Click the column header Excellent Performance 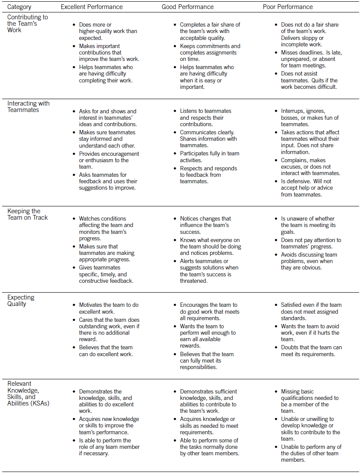91,7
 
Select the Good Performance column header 188,7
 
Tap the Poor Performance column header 287,7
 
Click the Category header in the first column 20,7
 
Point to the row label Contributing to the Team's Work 27,24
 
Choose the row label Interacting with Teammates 28,106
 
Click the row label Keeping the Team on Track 27,214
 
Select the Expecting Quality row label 21,300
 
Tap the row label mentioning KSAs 28,393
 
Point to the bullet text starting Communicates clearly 208,139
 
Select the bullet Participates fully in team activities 209,157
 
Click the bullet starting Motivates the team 109,308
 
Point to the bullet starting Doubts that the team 311,351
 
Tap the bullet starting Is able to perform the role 109,447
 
